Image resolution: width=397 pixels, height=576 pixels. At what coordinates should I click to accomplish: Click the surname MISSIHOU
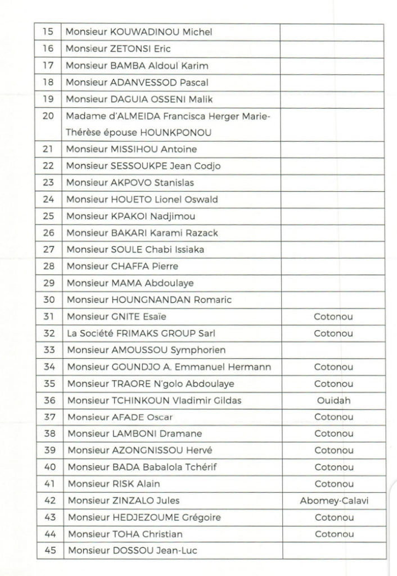pos(131,149)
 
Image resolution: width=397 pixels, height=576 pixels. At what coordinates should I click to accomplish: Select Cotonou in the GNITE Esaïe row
pos(333,317)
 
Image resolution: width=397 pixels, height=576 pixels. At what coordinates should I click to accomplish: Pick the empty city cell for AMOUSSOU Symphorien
pos(333,350)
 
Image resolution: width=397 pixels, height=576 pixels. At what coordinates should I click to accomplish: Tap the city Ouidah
pos(333,400)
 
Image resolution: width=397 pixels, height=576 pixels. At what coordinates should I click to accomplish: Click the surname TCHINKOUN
pos(137,400)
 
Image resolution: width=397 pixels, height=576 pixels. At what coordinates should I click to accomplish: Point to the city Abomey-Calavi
pos(334,500)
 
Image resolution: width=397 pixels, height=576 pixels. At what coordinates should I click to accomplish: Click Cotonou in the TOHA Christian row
pos(333,533)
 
